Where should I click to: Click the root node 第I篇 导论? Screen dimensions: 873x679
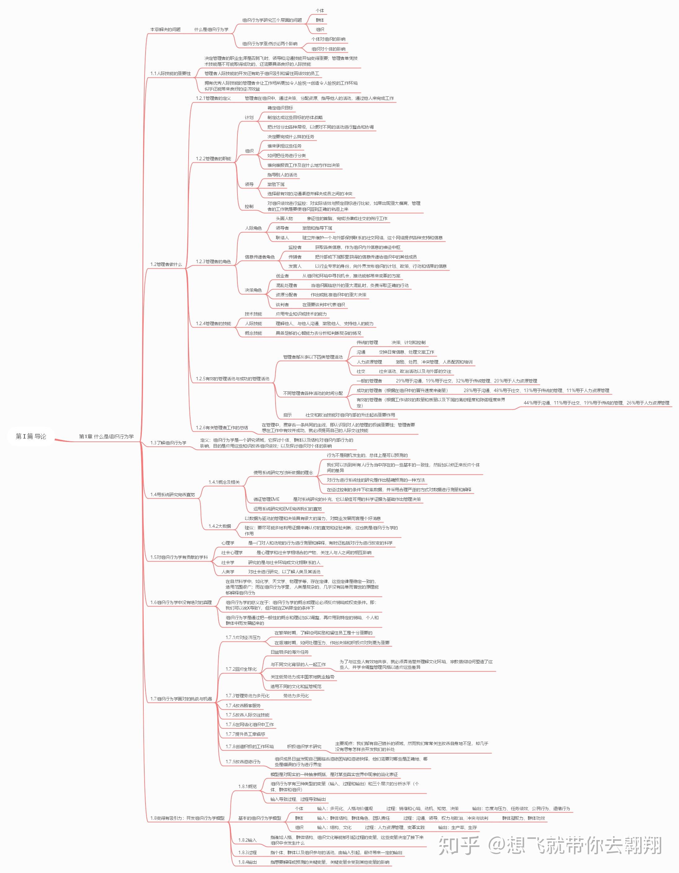(x=31, y=436)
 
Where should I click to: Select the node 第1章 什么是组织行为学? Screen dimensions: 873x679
(x=106, y=436)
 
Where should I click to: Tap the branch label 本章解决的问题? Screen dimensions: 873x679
(x=165, y=29)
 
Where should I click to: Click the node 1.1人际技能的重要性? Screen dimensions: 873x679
(x=171, y=73)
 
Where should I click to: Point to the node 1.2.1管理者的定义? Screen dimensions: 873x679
(x=213, y=98)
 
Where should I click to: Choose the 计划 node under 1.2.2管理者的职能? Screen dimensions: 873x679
(x=249, y=117)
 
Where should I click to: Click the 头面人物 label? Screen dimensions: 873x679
(x=284, y=219)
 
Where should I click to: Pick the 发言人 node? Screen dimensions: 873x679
(x=295, y=266)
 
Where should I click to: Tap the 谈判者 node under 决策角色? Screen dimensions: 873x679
(x=282, y=305)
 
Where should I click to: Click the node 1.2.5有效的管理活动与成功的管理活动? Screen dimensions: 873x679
(x=233, y=378)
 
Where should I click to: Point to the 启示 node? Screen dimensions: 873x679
(x=288, y=415)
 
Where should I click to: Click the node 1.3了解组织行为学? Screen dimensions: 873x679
(x=168, y=443)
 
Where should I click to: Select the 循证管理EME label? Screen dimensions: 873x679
(x=266, y=499)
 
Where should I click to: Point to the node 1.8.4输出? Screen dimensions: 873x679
(x=248, y=862)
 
